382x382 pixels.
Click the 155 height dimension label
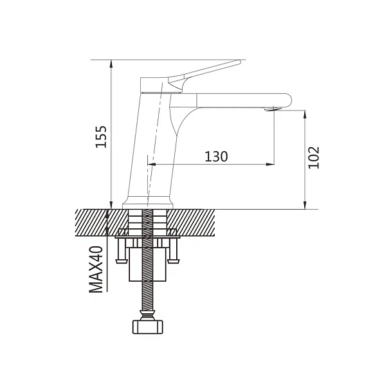click(x=101, y=137)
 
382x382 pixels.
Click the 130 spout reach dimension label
click(x=216, y=156)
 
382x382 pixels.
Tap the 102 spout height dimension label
click(x=314, y=158)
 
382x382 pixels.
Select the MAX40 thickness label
click(x=96, y=269)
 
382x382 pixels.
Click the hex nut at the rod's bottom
click(x=148, y=327)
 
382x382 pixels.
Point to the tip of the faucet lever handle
click(x=239, y=62)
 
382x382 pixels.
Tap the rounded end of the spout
click(x=289, y=100)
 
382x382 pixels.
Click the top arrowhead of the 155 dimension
click(x=111, y=63)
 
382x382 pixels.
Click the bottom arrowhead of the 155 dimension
click(x=111, y=205)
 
